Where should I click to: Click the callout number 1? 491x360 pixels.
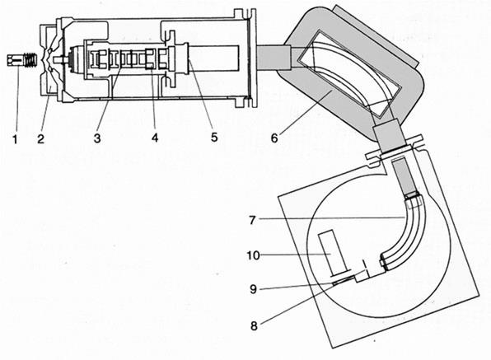click(15, 138)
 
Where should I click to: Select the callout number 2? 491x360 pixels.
click(40, 138)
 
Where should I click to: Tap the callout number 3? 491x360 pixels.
click(97, 138)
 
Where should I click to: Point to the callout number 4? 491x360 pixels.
click(155, 138)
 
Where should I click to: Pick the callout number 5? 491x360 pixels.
click(214, 137)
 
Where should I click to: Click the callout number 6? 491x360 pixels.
click(274, 138)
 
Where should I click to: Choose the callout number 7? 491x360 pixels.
click(252, 220)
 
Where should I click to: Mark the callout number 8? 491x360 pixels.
click(254, 326)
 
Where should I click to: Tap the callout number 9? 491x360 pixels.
click(254, 289)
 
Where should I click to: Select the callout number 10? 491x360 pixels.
click(254, 255)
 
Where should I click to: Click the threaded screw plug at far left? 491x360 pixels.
click(21, 60)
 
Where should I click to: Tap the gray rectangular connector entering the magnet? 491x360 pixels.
click(274, 58)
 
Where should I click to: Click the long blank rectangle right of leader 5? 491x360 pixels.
click(213, 58)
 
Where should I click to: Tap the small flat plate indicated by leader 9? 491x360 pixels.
click(344, 279)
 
